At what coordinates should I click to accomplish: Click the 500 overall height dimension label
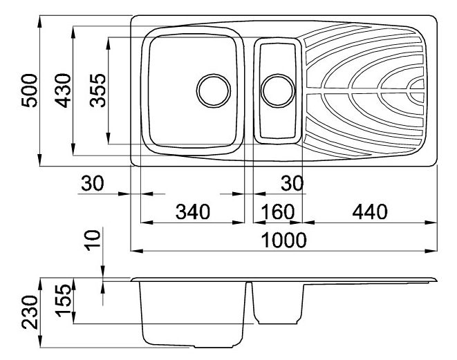(30, 91)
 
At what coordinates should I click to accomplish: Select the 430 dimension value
(63, 91)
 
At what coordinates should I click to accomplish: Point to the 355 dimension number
(97, 91)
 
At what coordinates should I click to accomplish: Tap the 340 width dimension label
(193, 211)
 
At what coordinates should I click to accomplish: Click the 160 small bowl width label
(277, 211)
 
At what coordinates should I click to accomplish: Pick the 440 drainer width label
(370, 211)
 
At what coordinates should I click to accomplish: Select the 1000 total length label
(284, 240)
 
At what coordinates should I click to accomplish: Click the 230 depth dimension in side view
(30, 312)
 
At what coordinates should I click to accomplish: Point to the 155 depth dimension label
(63, 301)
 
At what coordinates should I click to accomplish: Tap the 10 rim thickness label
(93, 240)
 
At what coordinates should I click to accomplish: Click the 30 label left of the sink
(93, 184)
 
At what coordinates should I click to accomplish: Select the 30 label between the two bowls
(292, 184)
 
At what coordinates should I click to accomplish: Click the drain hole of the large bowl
(214, 91)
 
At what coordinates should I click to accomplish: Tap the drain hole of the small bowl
(278, 91)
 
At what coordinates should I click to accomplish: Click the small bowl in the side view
(277, 303)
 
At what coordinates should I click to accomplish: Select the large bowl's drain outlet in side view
(214, 346)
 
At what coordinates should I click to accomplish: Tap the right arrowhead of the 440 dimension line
(431, 222)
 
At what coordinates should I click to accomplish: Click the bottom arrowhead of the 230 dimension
(40, 341)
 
